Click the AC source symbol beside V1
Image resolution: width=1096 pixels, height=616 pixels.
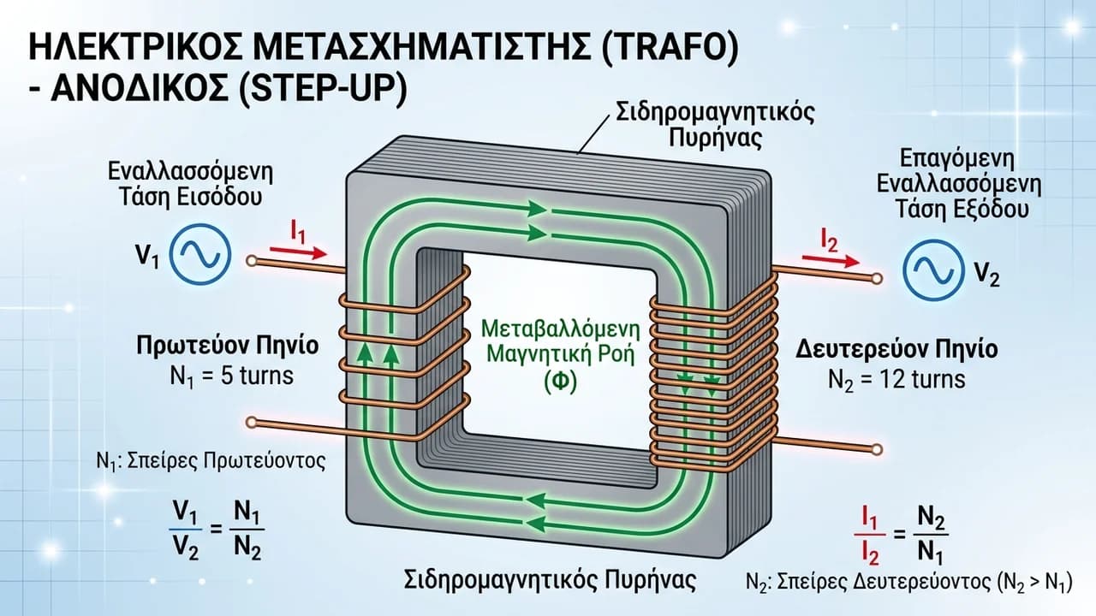[200, 255]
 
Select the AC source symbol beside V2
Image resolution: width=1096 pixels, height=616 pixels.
[933, 270]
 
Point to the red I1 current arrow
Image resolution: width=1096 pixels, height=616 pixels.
[298, 252]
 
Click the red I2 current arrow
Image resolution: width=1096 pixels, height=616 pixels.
[831, 261]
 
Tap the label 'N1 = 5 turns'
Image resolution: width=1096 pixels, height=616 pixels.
[232, 376]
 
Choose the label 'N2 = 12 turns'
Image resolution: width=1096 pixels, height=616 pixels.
[896, 380]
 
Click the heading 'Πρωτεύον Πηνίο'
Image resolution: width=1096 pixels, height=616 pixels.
[228, 345]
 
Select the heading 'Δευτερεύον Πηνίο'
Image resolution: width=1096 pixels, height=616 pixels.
[896, 349]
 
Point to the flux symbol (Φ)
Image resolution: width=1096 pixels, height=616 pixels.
[561, 382]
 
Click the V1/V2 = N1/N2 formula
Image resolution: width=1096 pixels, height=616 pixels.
[217, 530]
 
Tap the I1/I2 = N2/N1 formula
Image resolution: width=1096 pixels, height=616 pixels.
[901, 535]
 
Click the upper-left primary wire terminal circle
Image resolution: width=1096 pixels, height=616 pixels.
[252, 261]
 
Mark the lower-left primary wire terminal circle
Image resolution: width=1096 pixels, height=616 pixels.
[252, 423]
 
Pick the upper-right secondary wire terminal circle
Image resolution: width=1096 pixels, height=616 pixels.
[877, 279]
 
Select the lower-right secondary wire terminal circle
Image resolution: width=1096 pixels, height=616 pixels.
[877, 449]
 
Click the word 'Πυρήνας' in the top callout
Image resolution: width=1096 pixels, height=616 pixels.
[715, 139]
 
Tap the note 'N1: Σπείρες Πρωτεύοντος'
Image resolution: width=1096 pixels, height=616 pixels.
[211, 461]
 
